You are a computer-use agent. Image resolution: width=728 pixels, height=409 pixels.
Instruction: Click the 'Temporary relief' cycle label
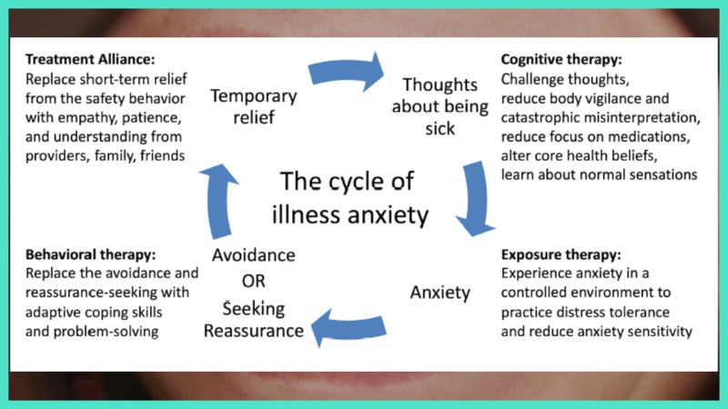tap(254, 105)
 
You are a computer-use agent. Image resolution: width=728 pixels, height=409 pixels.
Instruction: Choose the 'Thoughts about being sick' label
tap(440, 105)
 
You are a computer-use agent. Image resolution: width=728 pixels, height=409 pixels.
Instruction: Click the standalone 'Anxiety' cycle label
tap(440, 293)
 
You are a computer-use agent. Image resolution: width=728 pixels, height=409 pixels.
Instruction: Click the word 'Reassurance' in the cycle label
tap(254, 330)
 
